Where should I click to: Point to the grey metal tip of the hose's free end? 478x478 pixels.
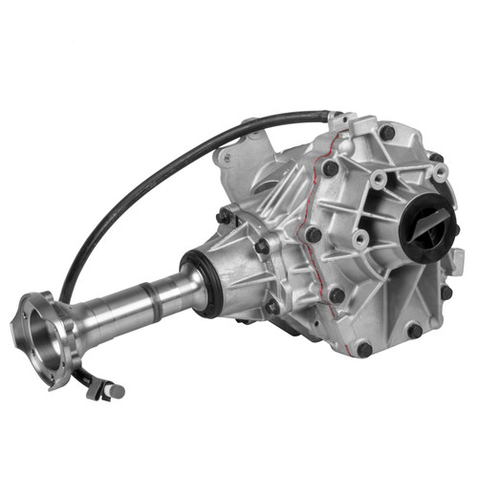(x=117, y=391)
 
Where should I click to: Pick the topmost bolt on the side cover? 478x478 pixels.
(x=387, y=133)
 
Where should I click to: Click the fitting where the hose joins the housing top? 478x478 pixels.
(x=337, y=119)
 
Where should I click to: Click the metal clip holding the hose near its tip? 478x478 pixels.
(x=96, y=382)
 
